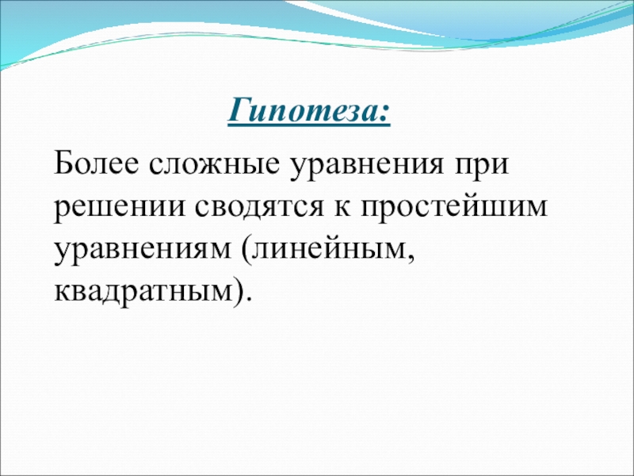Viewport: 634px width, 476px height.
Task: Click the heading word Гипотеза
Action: tap(304, 110)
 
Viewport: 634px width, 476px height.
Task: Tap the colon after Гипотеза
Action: tap(384, 114)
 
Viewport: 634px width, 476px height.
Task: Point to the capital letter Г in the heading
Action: tap(243, 109)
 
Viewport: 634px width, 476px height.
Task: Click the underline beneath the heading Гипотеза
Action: tap(309, 125)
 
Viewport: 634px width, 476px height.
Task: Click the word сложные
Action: tap(214, 164)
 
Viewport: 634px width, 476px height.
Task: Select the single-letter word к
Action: tap(342, 208)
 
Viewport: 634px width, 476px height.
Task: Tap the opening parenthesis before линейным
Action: tap(246, 248)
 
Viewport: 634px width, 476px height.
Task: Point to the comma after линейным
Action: tap(411, 259)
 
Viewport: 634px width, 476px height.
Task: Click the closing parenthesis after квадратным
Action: tap(239, 290)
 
